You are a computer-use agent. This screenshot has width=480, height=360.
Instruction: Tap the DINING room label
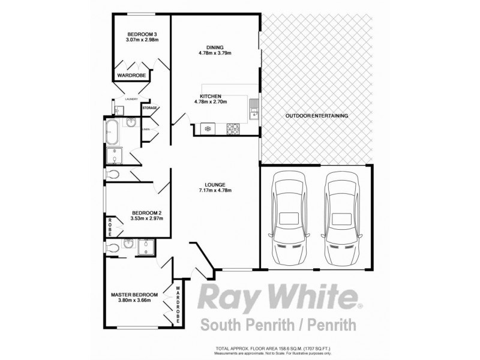point(214,47)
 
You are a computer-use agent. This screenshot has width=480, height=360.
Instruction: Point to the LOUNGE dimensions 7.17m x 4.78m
point(215,191)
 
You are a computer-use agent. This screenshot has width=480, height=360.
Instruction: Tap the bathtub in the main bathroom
point(112,132)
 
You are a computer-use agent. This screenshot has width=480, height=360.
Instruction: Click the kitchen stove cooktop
point(232,128)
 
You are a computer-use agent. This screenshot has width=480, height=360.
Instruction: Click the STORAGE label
point(149,108)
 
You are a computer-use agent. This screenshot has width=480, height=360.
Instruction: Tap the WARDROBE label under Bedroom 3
point(132,76)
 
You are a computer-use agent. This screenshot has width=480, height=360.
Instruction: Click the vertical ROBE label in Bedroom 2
point(111,228)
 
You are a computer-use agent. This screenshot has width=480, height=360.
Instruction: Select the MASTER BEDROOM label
point(134,295)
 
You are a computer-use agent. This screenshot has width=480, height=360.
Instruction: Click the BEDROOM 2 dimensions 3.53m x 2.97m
point(146,218)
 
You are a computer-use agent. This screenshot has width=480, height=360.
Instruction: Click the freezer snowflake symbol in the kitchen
point(208,128)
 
